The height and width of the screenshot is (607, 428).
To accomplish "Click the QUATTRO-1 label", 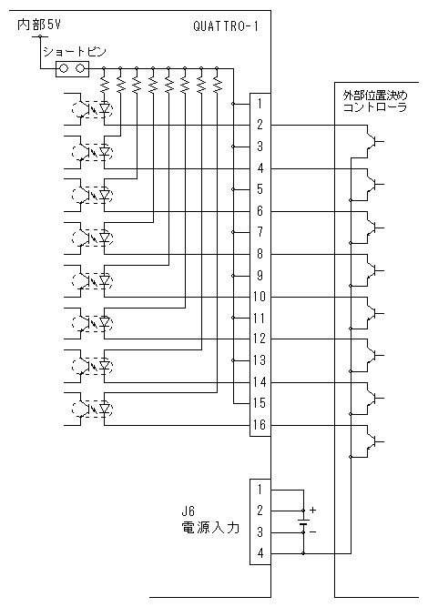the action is click(x=226, y=26).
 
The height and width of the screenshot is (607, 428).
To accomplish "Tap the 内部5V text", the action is click(x=39, y=25).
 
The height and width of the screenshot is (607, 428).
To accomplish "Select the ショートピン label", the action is click(x=75, y=52).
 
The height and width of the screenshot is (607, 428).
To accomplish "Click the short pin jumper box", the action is click(x=73, y=69).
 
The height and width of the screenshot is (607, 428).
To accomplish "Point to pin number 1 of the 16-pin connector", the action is click(x=260, y=104).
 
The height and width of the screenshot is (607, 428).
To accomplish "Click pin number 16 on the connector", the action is click(x=260, y=425).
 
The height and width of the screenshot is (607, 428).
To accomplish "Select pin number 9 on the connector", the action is click(x=260, y=275).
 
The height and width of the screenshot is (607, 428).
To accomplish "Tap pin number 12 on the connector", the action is click(x=260, y=339).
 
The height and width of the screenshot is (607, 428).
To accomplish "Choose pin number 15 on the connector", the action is click(x=260, y=403).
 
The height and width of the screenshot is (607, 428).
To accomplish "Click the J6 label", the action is click(x=189, y=511).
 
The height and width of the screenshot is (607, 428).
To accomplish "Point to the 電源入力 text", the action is click(x=210, y=528).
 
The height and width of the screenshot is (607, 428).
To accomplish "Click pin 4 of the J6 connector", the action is click(x=260, y=553).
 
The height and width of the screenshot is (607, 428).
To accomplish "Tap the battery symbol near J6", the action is click(x=303, y=522).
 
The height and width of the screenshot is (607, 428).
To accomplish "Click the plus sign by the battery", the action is click(x=313, y=511).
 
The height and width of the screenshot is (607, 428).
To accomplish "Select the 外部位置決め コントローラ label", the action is click(x=375, y=101).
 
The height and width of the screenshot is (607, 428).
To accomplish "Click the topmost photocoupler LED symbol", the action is click(x=104, y=108).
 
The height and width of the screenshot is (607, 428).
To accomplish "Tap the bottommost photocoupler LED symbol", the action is click(x=104, y=409).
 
